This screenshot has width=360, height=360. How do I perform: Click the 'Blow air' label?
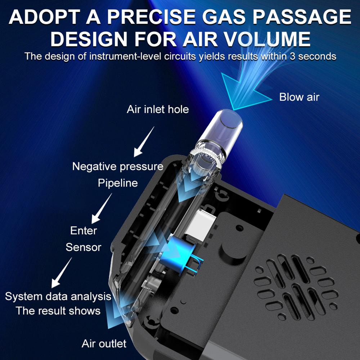point(299,97)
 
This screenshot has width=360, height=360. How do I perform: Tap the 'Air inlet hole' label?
point(158,109)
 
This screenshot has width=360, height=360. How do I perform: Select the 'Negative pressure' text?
point(118,167)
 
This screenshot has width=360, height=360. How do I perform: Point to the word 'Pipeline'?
point(118,183)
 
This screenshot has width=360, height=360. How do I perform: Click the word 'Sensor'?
point(84,247)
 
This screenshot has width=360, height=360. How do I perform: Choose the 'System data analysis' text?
point(58,296)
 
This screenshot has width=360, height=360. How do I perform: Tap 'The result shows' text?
point(58,310)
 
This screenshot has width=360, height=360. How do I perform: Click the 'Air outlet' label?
point(104,343)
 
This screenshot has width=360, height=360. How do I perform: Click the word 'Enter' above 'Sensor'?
point(84,230)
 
